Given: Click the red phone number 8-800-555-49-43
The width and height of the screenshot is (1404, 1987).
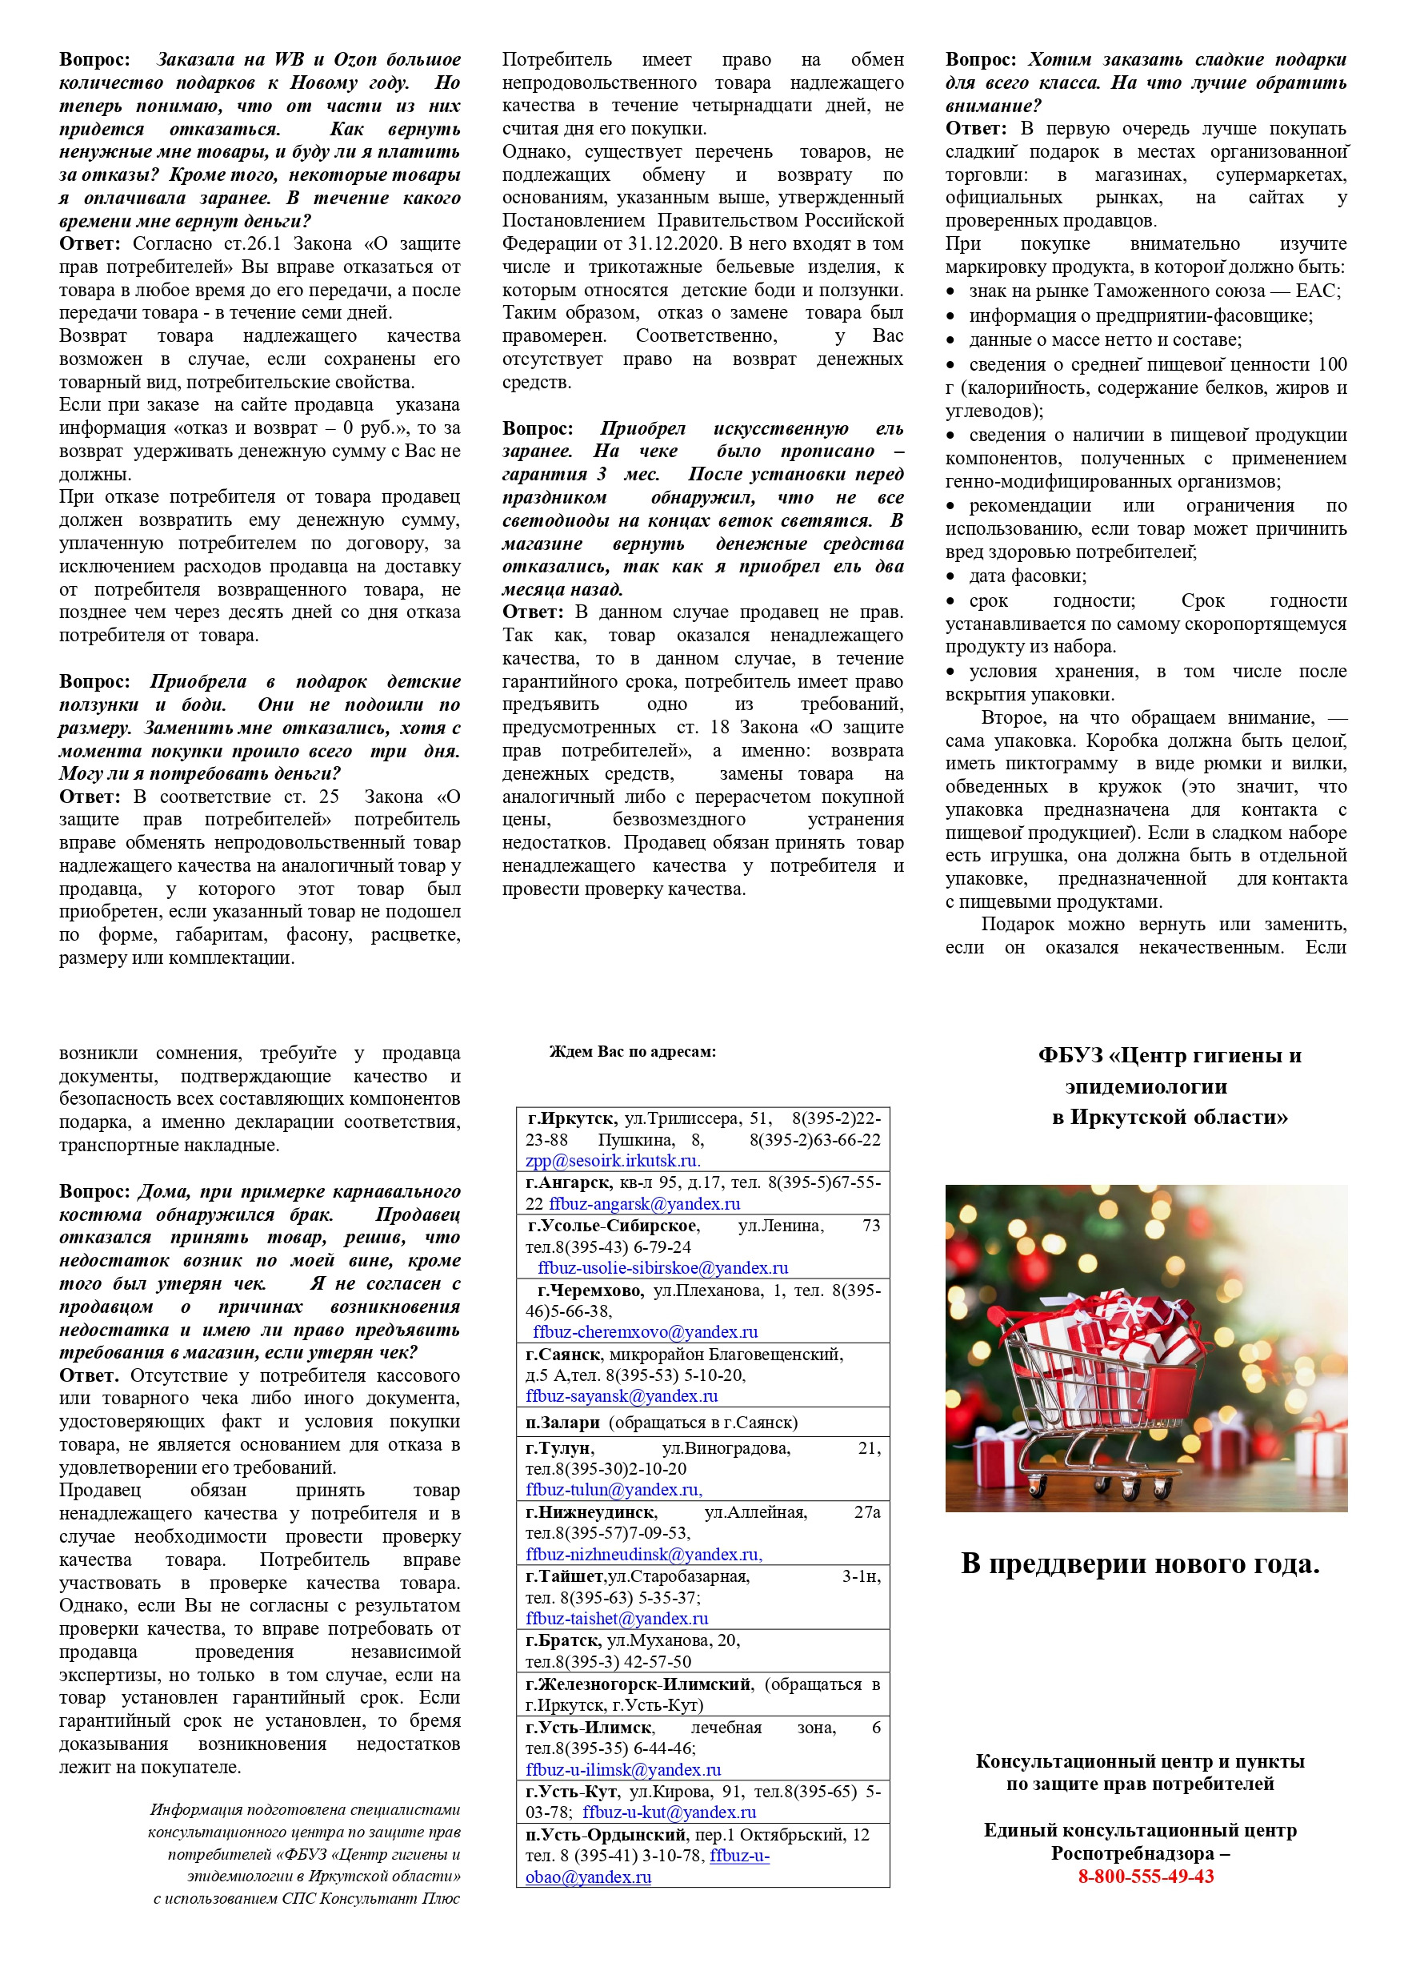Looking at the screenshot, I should click(1146, 1877).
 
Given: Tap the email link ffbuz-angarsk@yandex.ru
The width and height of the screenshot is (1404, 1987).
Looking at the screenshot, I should click(644, 1204).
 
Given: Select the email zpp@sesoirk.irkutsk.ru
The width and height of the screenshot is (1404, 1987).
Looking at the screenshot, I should click(613, 1161).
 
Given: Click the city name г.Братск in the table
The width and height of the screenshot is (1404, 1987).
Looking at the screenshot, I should click(563, 1640).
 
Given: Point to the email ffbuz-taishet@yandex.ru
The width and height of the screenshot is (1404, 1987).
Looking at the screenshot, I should click(617, 1617).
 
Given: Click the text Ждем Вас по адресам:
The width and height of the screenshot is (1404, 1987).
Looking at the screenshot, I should click(632, 1051).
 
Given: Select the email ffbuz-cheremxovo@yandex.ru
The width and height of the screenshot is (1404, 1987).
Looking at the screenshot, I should click(646, 1332).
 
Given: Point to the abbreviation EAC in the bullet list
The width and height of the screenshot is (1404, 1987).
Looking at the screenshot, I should click(1317, 291).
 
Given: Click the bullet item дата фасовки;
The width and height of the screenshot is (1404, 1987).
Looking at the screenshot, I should click(1028, 576).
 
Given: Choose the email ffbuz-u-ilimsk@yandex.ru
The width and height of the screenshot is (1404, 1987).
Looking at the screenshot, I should click(623, 1770).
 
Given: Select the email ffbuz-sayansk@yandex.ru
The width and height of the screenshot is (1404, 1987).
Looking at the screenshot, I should click(621, 1396).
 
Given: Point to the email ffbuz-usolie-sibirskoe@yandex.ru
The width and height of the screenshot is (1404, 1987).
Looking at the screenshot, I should click(662, 1268).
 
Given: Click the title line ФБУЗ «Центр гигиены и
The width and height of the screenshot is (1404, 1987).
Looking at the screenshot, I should click(1170, 1055).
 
